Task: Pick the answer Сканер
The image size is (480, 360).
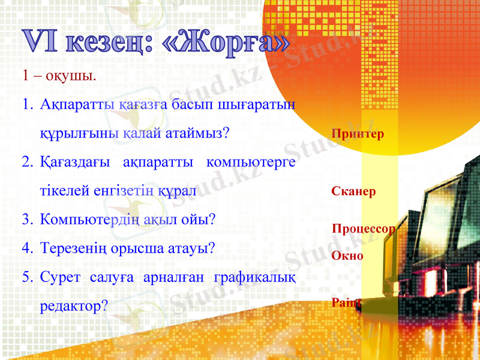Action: click(x=353, y=192)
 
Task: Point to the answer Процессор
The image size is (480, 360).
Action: click(x=364, y=229)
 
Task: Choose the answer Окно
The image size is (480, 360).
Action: click(x=347, y=256)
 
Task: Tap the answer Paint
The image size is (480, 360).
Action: click(x=346, y=304)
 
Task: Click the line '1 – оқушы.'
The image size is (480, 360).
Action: click(x=58, y=76)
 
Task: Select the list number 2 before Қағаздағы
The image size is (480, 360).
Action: click(x=27, y=162)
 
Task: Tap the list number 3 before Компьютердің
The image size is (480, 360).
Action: click(x=27, y=219)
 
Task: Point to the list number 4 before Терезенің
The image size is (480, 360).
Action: click(x=27, y=248)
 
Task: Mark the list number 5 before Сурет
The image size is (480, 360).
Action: click(x=27, y=277)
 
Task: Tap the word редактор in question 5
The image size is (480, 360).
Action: click(x=70, y=305)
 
